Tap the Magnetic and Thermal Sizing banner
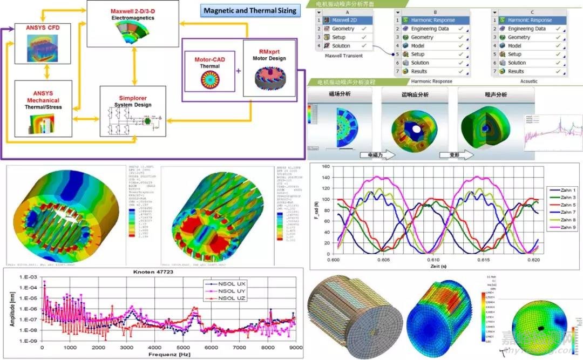click(x=250, y=10)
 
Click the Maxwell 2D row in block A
click(x=344, y=21)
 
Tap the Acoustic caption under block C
click(x=528, y=81)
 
